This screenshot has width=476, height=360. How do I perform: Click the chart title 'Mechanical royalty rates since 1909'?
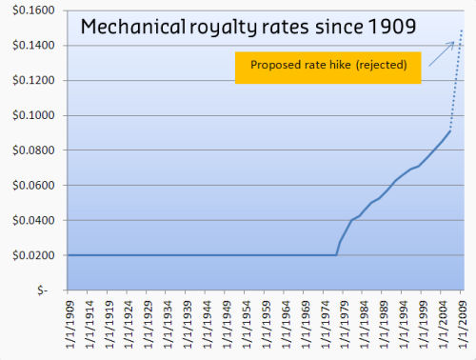click(248, 27)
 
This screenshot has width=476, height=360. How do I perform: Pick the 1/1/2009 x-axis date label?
click(463, 325)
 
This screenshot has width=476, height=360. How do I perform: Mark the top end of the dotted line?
click(463, 30)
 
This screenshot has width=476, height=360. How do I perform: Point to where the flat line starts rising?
click(336, 255)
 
